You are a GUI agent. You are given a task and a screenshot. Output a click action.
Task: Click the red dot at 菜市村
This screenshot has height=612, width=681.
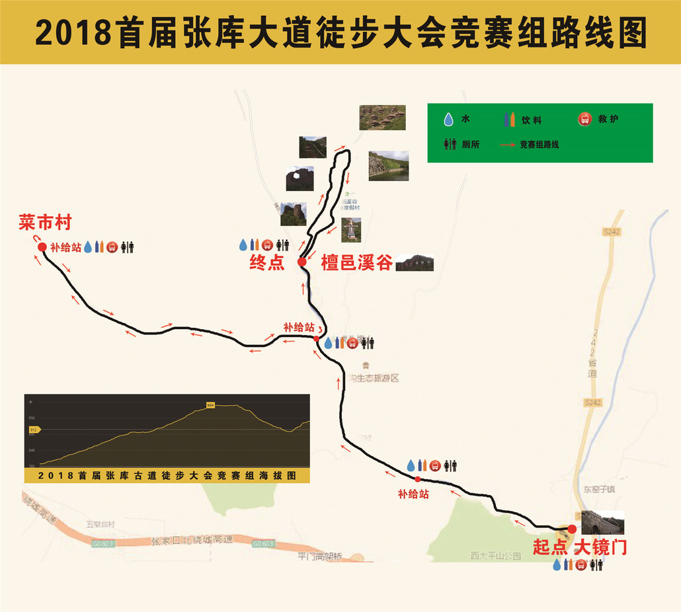point(41,247)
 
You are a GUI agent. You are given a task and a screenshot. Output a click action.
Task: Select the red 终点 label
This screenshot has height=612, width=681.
point(266,262)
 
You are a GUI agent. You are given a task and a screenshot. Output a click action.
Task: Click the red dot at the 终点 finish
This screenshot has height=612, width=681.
point(301,262)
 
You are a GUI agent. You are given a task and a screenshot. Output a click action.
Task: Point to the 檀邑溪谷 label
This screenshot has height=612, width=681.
point(356,262)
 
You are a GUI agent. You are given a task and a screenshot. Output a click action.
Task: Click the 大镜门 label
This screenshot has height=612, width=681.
point(600,547)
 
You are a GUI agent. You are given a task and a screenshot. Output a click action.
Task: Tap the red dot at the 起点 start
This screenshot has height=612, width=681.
point(571,529)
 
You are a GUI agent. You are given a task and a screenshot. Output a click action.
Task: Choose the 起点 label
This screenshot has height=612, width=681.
point(551,547)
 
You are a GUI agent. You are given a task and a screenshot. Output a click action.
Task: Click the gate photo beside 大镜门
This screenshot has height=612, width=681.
point(602,522)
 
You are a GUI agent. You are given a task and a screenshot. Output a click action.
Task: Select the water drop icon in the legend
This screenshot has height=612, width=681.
point(448,120)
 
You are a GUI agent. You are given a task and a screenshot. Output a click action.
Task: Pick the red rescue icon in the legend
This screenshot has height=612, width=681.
point(584,120)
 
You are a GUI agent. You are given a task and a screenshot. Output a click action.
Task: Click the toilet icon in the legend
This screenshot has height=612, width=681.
point(451,143)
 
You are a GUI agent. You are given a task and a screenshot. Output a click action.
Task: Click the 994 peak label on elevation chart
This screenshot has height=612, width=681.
point(211,405)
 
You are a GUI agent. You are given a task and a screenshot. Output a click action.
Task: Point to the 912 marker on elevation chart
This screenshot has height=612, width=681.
point(33,430)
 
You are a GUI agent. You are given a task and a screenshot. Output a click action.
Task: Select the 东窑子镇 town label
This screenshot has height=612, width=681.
point(599,490)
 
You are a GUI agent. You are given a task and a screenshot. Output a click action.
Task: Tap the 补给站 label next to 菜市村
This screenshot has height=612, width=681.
point(66,247)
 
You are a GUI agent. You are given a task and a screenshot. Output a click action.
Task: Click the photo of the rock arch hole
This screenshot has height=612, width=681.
point(300,178)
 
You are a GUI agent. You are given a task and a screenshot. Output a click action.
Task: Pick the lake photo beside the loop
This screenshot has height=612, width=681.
point(388,166)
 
